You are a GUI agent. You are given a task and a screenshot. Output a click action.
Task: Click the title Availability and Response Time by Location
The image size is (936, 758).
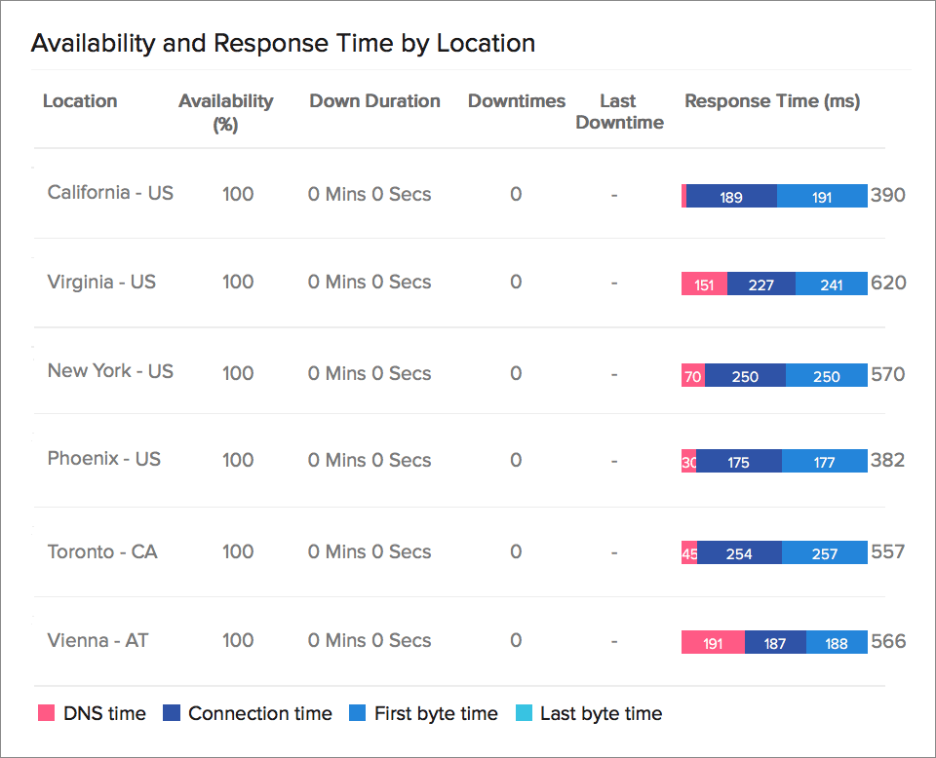[283, 44]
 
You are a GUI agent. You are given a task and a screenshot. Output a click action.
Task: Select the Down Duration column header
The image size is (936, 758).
[374, 101]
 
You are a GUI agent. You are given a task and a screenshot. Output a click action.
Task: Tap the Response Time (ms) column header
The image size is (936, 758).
[772, 101]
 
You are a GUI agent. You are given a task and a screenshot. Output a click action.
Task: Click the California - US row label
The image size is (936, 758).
[110, 193]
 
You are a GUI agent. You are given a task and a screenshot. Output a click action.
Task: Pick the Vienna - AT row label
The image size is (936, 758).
[97, 641]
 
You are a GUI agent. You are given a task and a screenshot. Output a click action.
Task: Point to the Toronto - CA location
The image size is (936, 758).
[102, 552]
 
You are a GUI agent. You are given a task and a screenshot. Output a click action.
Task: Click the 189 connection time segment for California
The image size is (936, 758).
[731, 197]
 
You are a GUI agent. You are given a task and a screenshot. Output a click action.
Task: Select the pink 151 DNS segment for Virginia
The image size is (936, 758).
[704, 285]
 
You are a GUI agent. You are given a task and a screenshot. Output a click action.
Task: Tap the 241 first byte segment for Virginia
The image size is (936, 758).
[831, 285]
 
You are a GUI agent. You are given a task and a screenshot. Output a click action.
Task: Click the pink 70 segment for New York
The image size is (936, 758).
[693, 376]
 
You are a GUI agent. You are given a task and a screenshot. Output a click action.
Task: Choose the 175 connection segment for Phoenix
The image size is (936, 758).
[738, 463]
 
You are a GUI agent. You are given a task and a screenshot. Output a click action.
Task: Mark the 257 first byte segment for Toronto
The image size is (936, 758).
[824, 553]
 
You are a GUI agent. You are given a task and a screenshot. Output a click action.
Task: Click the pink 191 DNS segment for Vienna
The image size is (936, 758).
[713, 643]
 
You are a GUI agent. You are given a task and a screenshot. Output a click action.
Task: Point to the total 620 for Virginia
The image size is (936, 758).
[888, 284]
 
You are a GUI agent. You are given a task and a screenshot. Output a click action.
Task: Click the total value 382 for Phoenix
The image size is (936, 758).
[887, 461]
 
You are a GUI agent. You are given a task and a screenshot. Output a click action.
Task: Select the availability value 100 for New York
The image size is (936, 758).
[238, 373]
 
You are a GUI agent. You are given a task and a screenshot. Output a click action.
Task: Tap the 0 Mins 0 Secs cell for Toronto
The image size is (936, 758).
[370, 552]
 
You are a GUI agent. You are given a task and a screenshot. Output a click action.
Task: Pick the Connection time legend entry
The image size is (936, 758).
[248, 714]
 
